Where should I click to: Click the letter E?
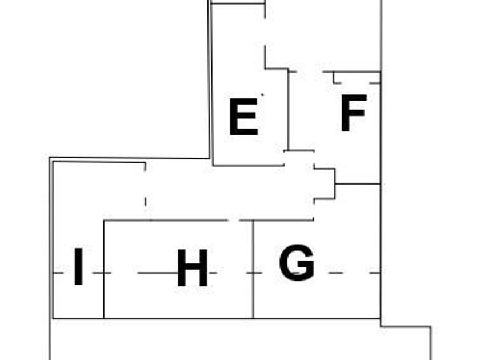[x=243, y=117]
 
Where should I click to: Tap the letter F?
[x=353, y=113]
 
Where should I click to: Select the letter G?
[x=297, y=263]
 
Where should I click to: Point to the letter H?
[x=192, y=269]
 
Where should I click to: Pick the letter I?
[x=79, y=267]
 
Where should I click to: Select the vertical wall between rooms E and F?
[x=289, y=109]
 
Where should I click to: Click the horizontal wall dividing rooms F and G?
[x=358, y=184]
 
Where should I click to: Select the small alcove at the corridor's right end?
[x=323, y=184]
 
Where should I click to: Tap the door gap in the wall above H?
[x=234, y=220]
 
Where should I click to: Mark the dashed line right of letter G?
[x=349, y=273]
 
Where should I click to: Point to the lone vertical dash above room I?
[x=146, y=201]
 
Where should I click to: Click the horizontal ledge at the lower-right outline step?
[x=406, y=327]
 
